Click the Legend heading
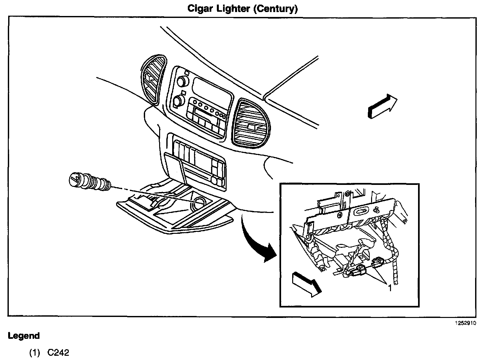pos(23,336)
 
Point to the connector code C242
pos(58,352)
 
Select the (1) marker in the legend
pos(35,352)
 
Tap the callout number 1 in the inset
pos(389,288)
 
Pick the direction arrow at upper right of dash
pos(382,106)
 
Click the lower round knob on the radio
pos(177,101)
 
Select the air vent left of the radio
pos(153,80)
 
